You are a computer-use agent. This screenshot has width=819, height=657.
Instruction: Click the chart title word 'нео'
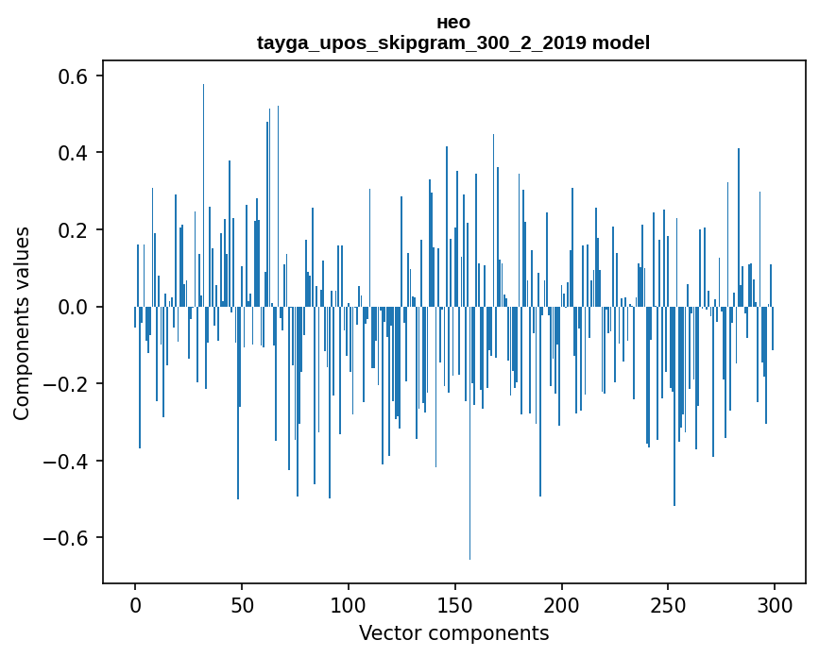(453, 22)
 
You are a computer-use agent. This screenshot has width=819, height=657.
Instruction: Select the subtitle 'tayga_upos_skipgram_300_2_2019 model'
(453, 42)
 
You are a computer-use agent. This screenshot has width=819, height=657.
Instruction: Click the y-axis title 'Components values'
(22, 323)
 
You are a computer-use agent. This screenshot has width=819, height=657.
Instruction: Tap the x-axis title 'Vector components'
(453, 632)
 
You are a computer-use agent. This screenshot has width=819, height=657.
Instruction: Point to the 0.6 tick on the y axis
(74, 76)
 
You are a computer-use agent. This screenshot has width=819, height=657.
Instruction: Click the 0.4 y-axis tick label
(74, 153)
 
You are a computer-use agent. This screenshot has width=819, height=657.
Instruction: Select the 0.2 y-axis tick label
(74, 230)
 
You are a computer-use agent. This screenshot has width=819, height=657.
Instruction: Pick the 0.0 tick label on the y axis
(74, 307)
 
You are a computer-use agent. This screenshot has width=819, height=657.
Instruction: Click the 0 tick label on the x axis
(135, 604)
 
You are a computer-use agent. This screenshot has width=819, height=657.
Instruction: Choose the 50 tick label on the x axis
(242, 604)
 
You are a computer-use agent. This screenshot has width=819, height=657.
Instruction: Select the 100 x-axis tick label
(349, 604)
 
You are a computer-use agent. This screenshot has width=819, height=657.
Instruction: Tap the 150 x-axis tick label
(455, 604)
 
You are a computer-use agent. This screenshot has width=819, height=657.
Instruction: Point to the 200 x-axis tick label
(562, 604)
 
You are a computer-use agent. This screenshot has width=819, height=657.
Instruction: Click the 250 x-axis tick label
(668, 604)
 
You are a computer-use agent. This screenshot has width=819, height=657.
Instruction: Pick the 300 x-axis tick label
(775, 604)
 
